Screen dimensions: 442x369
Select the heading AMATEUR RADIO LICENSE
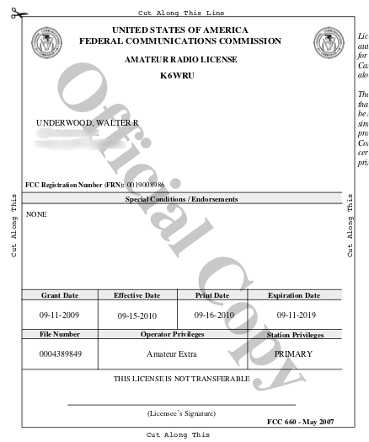click(180, 59)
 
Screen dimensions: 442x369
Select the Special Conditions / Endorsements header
click(181, 199)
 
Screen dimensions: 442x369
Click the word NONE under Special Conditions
click(36, 214)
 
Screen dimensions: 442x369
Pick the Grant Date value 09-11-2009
click(59, 314)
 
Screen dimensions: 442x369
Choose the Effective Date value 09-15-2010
click(136, 315)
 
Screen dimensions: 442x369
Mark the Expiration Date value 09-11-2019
click(294, 314)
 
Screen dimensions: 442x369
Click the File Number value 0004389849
click(61, 353)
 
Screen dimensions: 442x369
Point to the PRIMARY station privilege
click(293, 353)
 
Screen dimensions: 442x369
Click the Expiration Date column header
click(294, 295)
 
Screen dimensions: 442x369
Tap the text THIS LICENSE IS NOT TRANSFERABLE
click(181, 378)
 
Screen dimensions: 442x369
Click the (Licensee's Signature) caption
click(181, 412)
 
